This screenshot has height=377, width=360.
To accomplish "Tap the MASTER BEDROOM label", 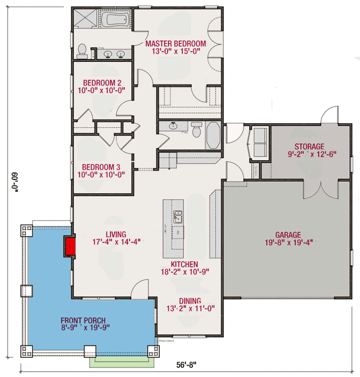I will pyautogui.click(x=176, y=44).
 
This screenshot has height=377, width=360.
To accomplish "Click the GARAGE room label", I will pyautogui.click(x=288, y=235).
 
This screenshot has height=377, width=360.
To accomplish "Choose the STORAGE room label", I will pyautogui.click(x=309, y=146).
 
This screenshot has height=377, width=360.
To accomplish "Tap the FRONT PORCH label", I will pyautogui.click(x=83, y=320).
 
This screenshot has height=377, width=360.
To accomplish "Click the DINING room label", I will pyautogui.click(x=190, y=301).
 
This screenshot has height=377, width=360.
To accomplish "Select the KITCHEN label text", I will pyautogui.click(x=185, y=264).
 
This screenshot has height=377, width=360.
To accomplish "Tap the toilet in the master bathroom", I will pyautogui.click(x=83, y=51).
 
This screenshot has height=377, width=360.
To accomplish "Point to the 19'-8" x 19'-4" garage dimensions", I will pyautogui.click(x=288, y=243).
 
